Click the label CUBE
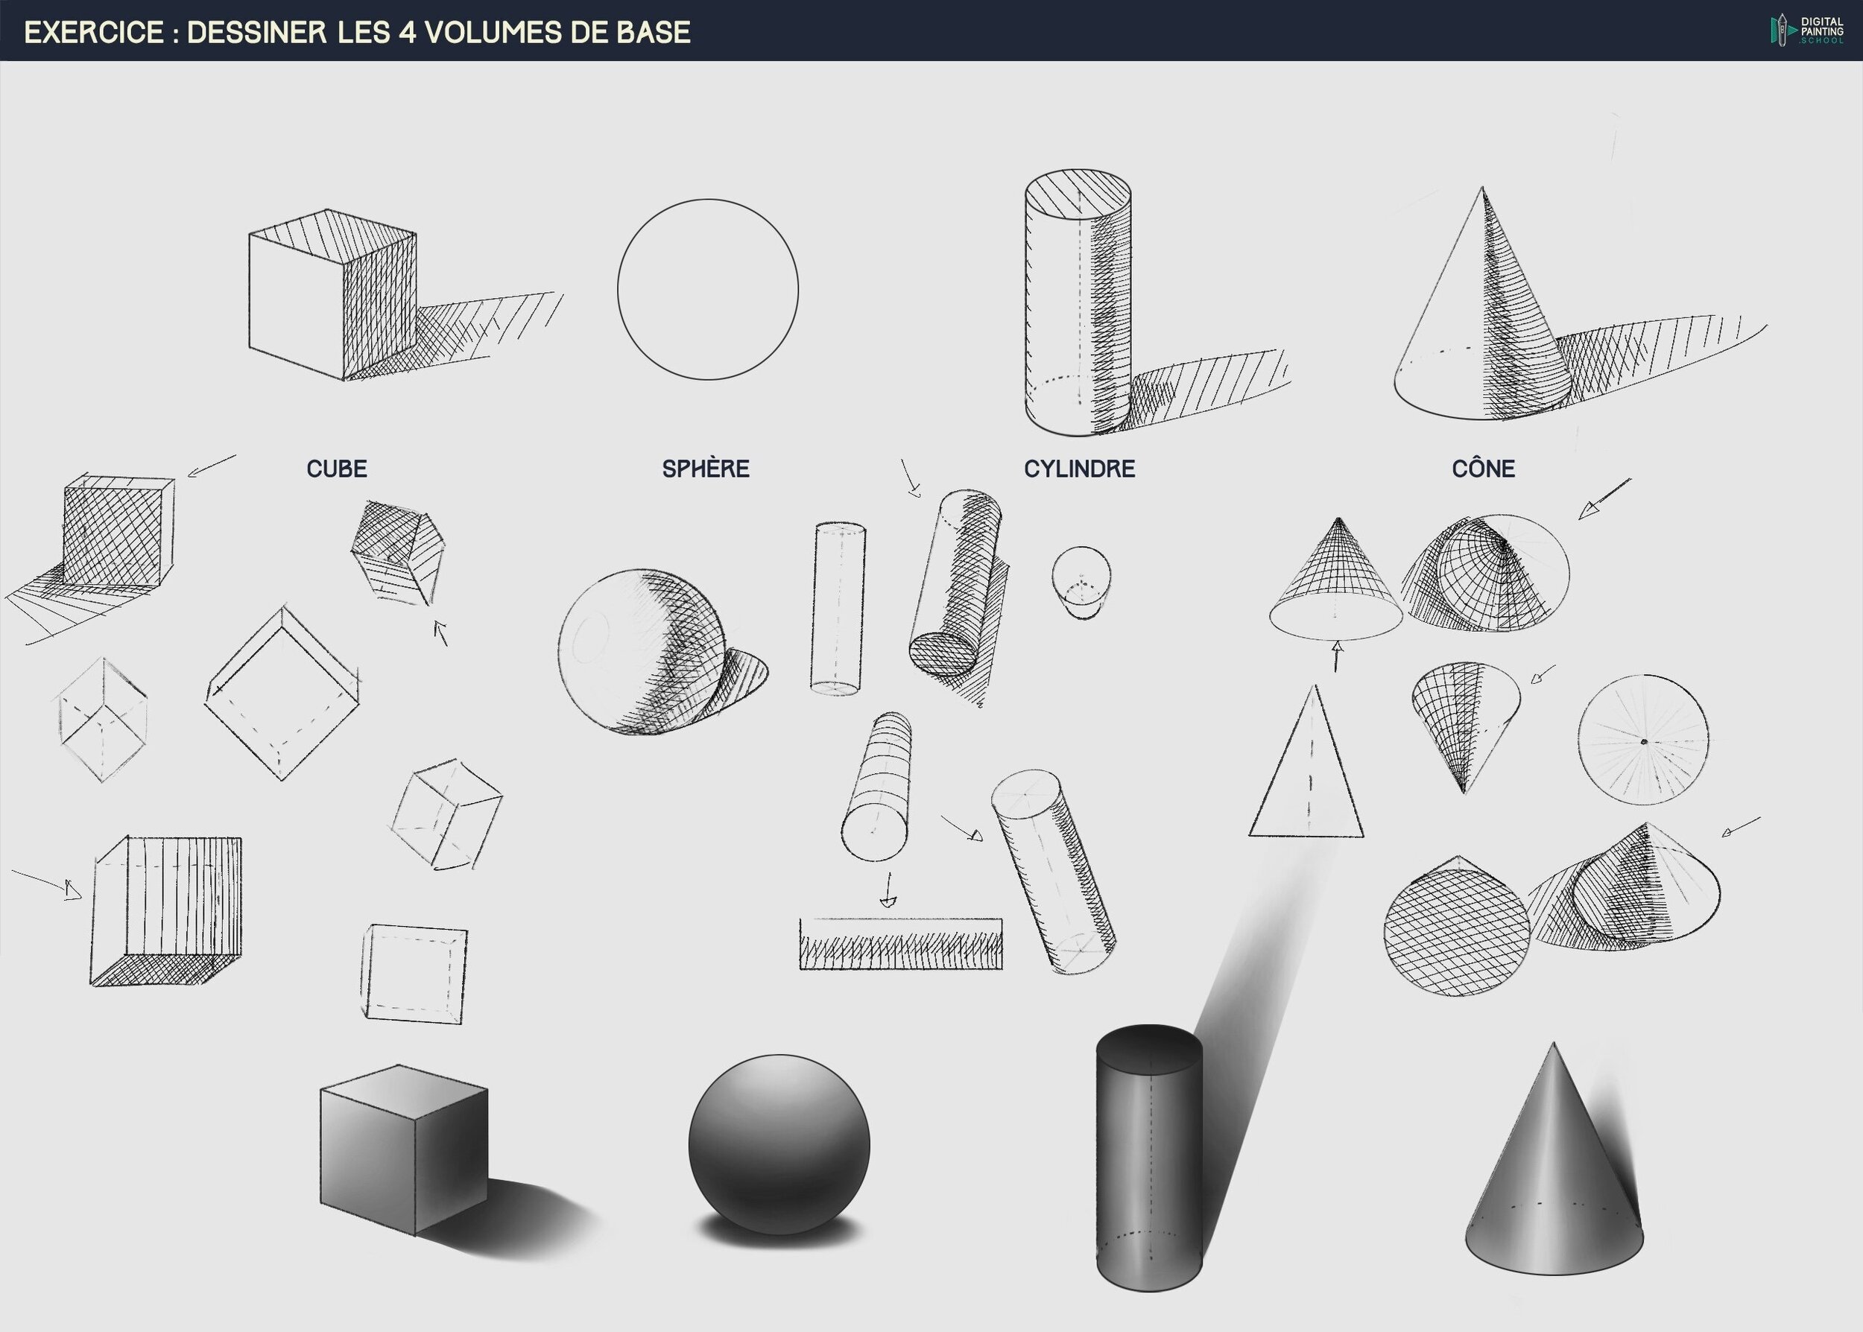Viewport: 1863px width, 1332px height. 336,469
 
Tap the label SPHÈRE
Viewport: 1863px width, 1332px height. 706,469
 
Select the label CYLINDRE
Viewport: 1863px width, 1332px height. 1080,469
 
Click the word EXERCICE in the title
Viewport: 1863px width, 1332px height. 95,32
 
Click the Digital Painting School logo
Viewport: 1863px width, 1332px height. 1806,31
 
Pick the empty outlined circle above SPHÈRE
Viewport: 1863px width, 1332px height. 708,200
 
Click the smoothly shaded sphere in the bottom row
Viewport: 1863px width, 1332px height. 779,1144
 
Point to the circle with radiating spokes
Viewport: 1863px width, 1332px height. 1643,740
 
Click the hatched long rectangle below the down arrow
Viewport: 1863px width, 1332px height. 901,944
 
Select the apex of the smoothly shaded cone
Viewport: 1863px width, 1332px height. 1553,1042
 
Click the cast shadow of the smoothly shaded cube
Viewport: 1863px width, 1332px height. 525,1214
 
